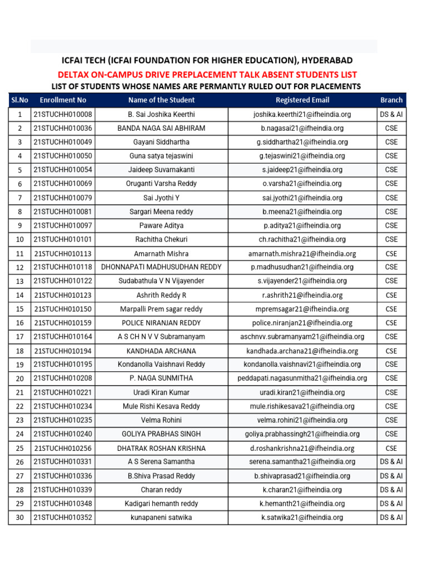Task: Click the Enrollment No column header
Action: pyautogui.click(x=63, y=100)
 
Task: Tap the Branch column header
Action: pyautogui.click(x=391, y=100)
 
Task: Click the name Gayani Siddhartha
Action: pyautogui.click(x=161, y=142)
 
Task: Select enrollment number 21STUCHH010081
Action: pyautogui.click(x=63, y=212)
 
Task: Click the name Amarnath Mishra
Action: pyautogui.click(x=161, y=253)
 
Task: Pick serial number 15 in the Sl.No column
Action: pyautogui.click(x=20, y=309)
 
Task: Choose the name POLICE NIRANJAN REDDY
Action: pyautogui.click(x=161, y=323)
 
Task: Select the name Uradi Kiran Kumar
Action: pyautogui.click(x=161, y=392)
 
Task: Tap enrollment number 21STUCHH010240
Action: pyautogui.click(x=63, y=434)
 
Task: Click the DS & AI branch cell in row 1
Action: pyautogui.click(x=391, y=114)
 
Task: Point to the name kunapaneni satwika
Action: pyautogui.click(x=161, y=517)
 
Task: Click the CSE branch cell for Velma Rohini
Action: pyautogui.click(x=391, y=420)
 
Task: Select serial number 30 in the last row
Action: pyautogui.click(x=20, y=517)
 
